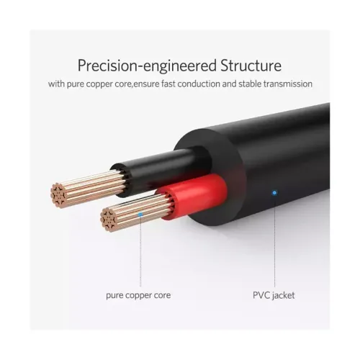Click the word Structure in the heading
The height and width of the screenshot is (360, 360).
[251, 66]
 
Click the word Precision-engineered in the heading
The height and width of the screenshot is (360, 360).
[147, 66]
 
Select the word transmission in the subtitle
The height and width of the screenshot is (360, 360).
[288, 84]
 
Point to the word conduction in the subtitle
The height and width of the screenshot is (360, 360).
[199, 84]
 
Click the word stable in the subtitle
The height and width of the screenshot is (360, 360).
[250, 84]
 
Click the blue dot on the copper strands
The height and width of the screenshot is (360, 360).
[140, 214]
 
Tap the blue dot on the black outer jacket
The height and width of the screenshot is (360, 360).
[274, 192]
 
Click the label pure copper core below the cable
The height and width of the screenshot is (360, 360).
[138, 295]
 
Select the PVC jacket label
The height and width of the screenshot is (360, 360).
[274, 295]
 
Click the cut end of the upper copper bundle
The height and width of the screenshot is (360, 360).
[58, 195]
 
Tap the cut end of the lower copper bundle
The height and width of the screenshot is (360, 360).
[108, 220]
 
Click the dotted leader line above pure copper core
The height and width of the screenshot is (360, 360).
[140, 251]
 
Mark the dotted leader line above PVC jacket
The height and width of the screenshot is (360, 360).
[274, 240]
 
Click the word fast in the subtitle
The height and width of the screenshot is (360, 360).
[168, 84]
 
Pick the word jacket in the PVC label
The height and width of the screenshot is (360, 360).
[283, 296]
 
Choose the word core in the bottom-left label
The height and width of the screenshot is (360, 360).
[163, 295]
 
